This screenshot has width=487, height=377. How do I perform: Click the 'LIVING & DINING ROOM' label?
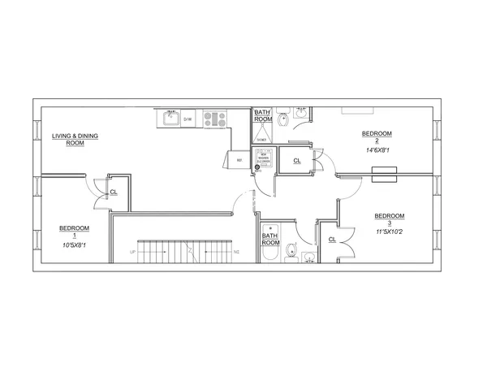[x=75, y=139]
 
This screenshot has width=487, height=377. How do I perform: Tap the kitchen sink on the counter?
[x=170, y=119]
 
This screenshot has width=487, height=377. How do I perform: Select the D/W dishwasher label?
[x=187, y=119]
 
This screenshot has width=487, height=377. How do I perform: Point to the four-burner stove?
[x=214, y=119]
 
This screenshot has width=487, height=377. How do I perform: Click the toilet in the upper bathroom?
[x=282, y=122]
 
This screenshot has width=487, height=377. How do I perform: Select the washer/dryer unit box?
[x=265, y=159]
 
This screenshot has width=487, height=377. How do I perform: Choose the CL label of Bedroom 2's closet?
[x=297, y=161]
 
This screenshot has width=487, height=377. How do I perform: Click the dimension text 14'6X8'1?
[x=377, y=149]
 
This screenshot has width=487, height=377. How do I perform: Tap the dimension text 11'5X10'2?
[x=389, y=231]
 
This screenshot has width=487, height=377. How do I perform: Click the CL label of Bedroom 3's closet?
[x=332, y=240]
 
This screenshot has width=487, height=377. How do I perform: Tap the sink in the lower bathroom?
[x=309, y=258]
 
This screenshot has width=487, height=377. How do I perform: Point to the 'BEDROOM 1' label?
[x=74, y=232]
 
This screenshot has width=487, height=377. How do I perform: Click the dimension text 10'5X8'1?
[x=74, y=245]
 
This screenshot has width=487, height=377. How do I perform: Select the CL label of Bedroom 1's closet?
[x=113, y=193]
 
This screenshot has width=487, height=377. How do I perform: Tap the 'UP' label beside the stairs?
[x=131, y=253]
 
